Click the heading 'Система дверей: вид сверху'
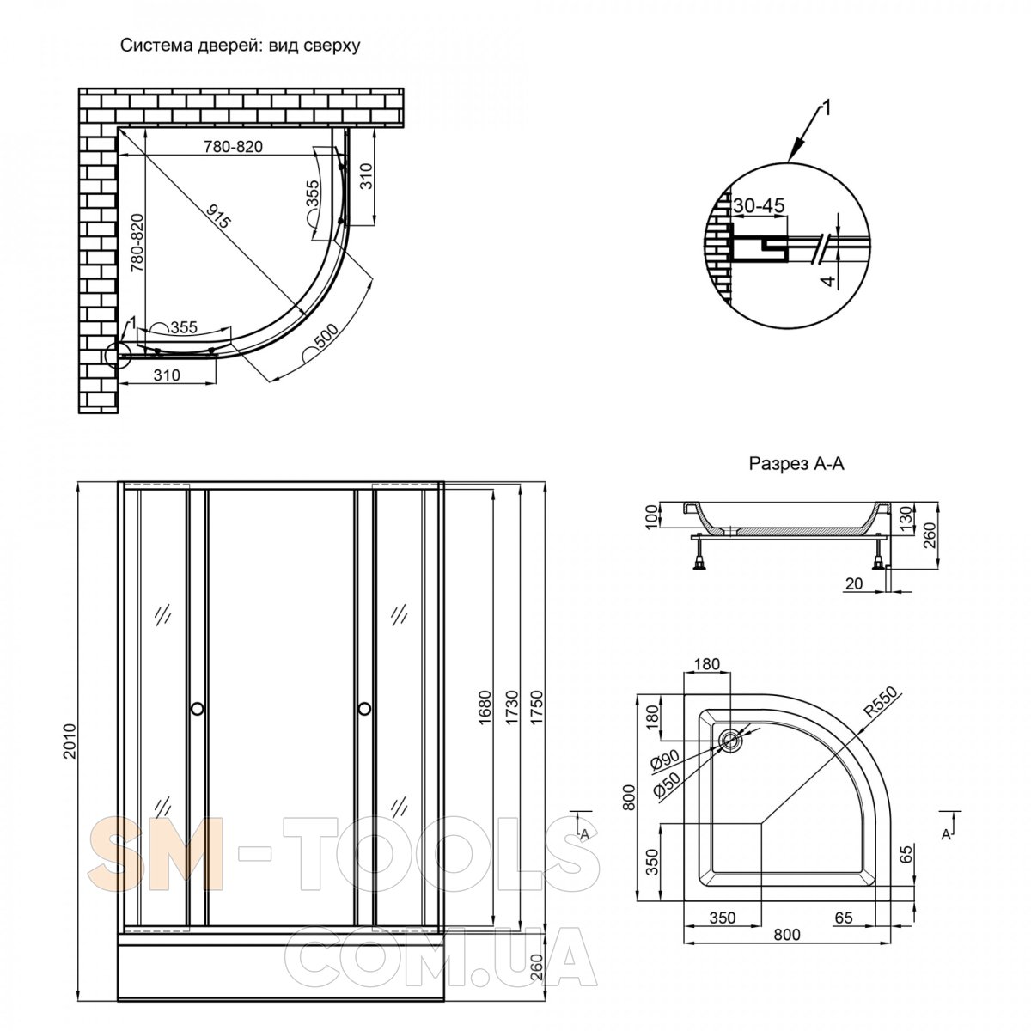click(241, 46)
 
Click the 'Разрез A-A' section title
click(796, 463)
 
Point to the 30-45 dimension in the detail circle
click(758, 205)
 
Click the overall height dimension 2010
click(70, 741)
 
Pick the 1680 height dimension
click(485, 707)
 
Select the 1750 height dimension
click(536, 707)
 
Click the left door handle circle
click(197, 709)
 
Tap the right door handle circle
click(365, 709)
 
